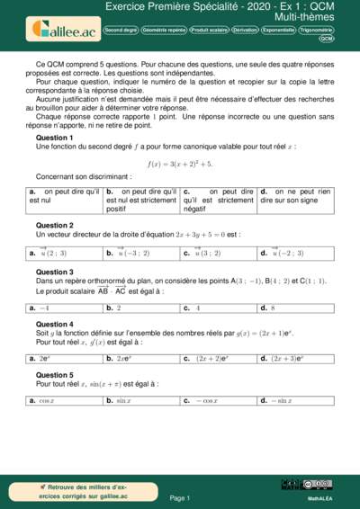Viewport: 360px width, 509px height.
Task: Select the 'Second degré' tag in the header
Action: tap(121, 30)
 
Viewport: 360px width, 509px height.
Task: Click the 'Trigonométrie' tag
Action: tap(315, 30)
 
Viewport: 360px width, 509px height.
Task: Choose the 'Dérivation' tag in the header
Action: tap(245, 30)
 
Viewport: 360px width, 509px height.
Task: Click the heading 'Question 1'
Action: tap(54, 137)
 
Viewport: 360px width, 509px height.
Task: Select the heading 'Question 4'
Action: tap(54, 324)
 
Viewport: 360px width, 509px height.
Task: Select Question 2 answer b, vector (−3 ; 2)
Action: tap(127, 254)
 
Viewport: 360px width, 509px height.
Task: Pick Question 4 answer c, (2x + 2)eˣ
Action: tap(207, 359)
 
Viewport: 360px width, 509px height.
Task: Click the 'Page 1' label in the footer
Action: tap(180, 496)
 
